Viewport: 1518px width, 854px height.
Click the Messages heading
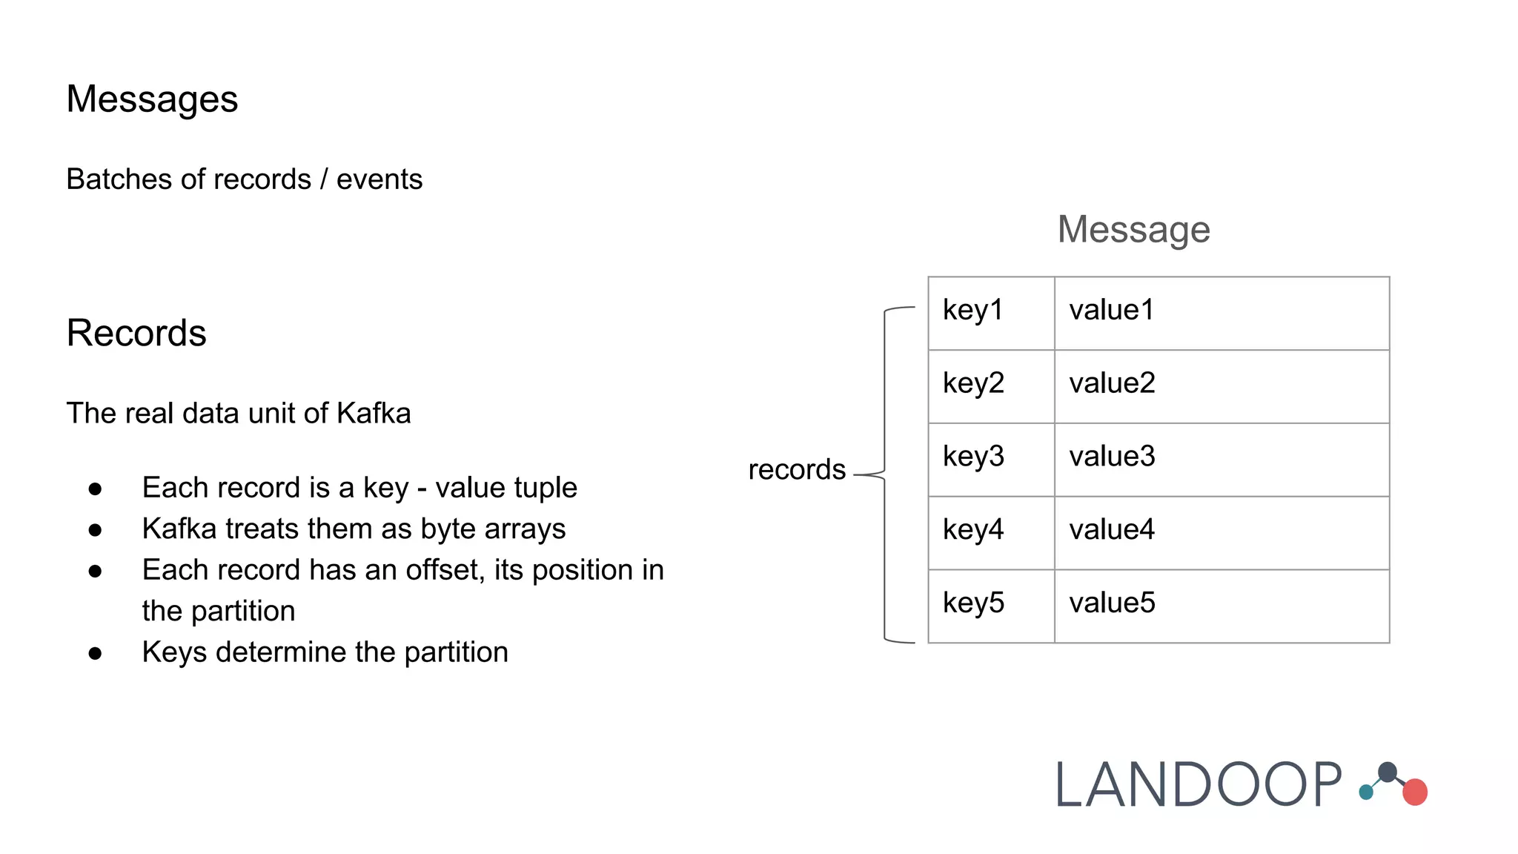(152, 99)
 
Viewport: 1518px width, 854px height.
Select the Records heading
(136, 333)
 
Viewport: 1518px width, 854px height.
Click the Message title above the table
(1133, 229)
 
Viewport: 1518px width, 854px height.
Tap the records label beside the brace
(797, 470)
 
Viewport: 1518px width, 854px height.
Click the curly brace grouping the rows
(886, 474)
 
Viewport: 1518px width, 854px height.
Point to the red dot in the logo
(1415, 792)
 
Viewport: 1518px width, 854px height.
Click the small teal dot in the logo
(1366, 792)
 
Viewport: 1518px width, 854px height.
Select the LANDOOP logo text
(1198, 784)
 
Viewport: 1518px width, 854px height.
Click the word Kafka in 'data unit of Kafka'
(374, 414)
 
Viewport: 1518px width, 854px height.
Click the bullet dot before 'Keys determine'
(95, 653)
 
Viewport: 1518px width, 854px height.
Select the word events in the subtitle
(379, 179)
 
